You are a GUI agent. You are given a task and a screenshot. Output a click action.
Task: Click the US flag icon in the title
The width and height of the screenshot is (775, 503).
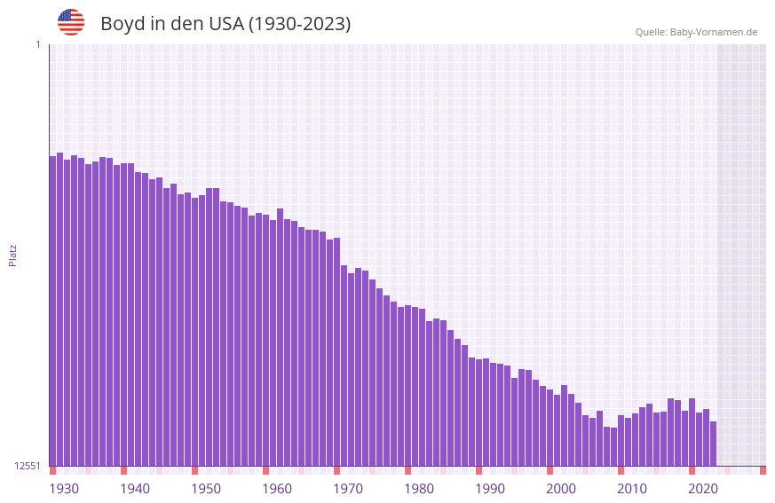(71, 22)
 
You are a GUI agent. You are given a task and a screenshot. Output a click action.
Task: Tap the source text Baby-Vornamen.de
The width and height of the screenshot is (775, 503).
(714, 32)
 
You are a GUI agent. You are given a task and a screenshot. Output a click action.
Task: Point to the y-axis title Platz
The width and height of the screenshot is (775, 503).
(12, 255)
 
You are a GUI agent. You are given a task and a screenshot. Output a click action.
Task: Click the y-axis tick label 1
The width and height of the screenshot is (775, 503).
(37, 44)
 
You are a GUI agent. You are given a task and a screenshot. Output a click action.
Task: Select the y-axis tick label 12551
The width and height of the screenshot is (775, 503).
(28, 466)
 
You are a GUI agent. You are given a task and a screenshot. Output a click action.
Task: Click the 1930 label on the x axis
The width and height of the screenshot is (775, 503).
(64, 489)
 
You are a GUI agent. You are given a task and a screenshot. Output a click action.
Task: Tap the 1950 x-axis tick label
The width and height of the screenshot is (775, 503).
(206, 489)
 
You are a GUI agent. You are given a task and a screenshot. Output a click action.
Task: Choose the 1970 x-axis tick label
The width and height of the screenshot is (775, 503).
(348, 489)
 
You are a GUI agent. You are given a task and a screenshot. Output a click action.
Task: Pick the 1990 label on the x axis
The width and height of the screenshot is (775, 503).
(490, 489)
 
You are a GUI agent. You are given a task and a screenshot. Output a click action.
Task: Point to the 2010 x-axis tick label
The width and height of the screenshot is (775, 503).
(632, 489)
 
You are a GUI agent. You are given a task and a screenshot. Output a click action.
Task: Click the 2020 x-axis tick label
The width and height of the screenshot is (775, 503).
(703, 489)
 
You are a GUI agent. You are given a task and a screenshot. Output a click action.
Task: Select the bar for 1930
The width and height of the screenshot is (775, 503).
(52, 310)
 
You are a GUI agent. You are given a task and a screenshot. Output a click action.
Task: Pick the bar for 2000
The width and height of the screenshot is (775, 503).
(550, 427)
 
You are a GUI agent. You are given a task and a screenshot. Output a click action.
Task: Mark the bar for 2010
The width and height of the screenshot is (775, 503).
(621, 440)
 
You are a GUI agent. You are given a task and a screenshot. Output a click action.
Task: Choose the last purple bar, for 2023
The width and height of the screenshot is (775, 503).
(713, 443)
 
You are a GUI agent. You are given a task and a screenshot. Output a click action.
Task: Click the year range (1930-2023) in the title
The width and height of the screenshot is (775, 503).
(300, 24)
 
